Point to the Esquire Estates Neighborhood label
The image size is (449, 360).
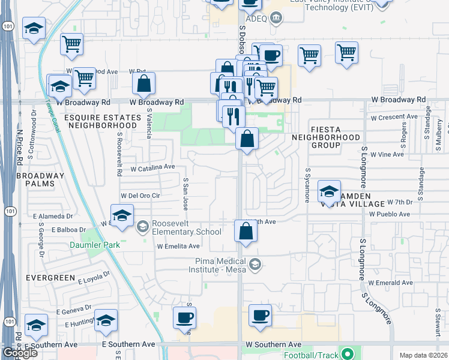pyautogui.click(x=102, y=121)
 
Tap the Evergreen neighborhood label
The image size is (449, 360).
pyautogui.click(x=50, y=278)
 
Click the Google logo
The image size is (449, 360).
pyautogui.click(x=20, y=352)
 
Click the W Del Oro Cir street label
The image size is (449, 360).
pyautogui.click(x=140, y=196)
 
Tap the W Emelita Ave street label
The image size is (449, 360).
pyautogui.click(x=178, y=246)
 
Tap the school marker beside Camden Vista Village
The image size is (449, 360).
pyautogui.click(x=329, y=191)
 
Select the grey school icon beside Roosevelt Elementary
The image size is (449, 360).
pyautogui.click(x=143, y=226)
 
